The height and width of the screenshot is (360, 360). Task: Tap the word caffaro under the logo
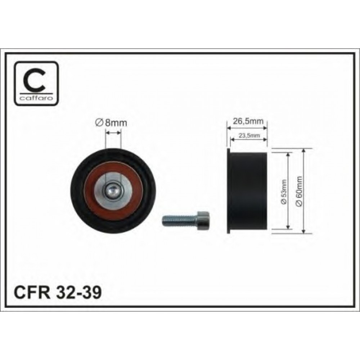36,98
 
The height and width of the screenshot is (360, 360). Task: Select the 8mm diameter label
111,123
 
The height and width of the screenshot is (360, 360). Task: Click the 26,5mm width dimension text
248,121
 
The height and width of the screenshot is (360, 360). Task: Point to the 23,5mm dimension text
249,135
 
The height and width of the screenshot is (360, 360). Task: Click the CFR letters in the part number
32,292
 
